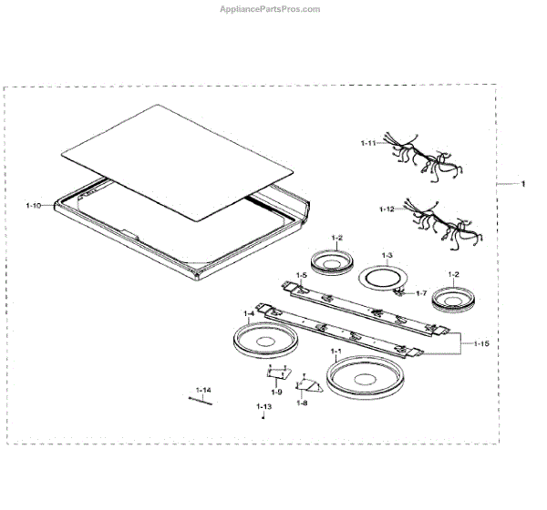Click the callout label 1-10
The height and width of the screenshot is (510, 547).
34,207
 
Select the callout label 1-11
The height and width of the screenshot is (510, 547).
368,143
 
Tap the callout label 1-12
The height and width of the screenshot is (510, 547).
387,209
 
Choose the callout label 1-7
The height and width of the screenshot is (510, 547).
421,292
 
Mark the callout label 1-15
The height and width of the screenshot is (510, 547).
481,343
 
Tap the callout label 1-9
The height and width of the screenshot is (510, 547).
277,392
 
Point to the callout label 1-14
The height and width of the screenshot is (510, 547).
202,390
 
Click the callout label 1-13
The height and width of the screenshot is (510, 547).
263,405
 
